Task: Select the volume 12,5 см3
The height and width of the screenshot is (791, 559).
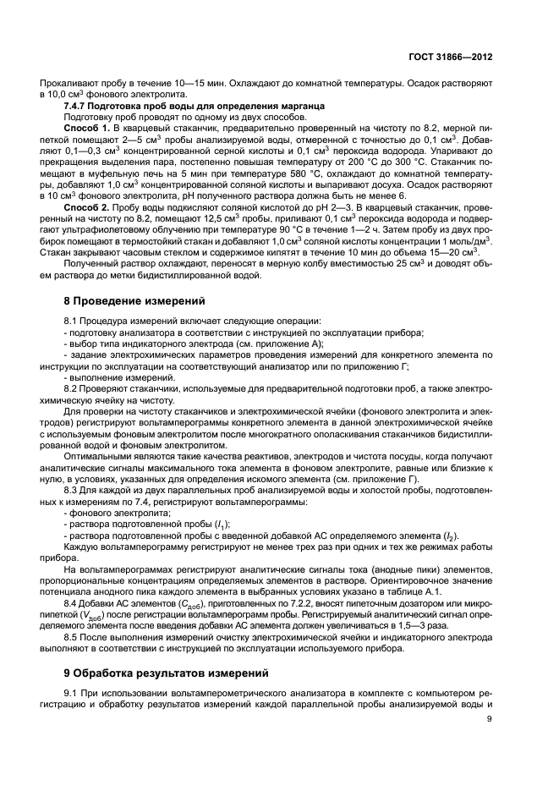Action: click(210, 218)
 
